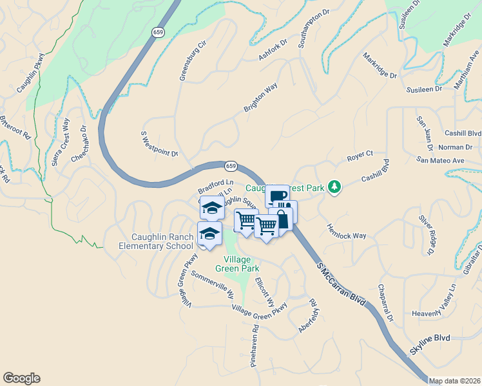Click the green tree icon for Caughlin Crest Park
coord(334,187)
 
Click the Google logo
coord(21,378)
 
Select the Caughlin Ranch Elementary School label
coord(156,241)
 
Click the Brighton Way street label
coord(260,97)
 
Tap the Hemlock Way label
coord(345,232)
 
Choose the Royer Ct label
coord(360,155)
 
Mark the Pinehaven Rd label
coord(255,345)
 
